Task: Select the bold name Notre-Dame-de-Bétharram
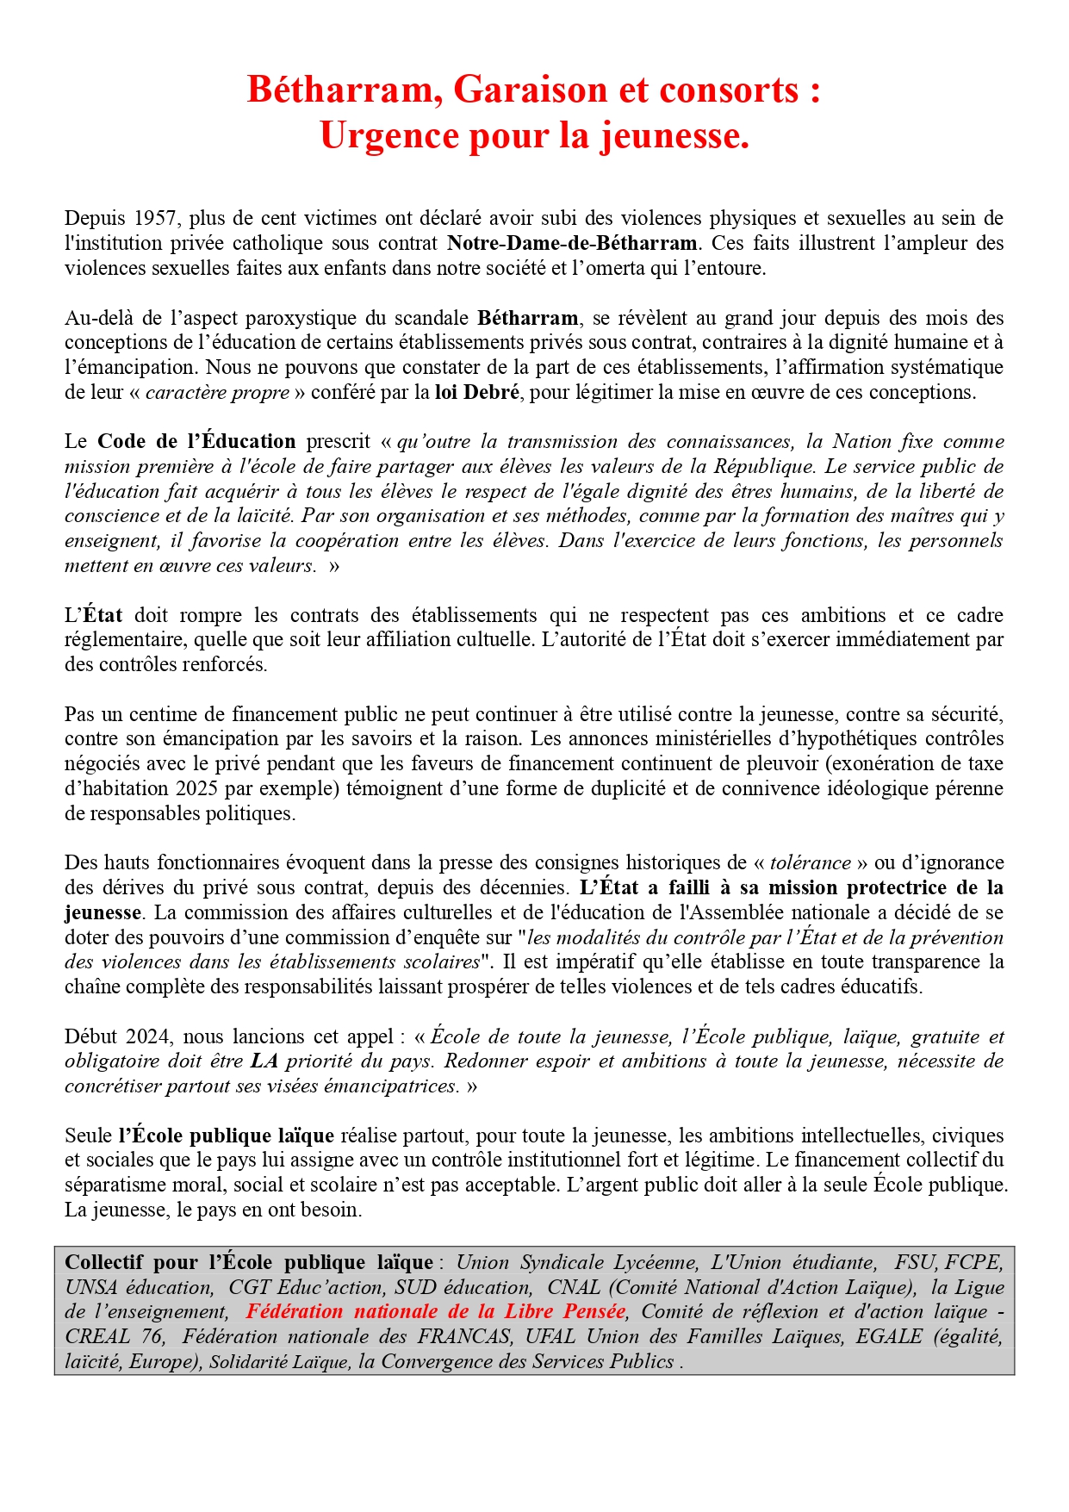pyautogui.click(x=572, y=244)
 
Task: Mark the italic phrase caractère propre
pyautogui.click(x=217, y=393)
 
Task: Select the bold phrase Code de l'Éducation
pyautogui.click(x=196, y=442)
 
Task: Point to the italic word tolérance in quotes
pyautogui.click(x=810, y=863)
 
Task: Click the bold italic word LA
pyautogui.click(x=264, y=1061)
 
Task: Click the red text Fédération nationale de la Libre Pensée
pyautogui.click(x=436, y=1312)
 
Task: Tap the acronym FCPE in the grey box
pyautogui.click(x=973, y=1263)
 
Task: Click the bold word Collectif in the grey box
pyautogui.click(x=106, y=1263)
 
